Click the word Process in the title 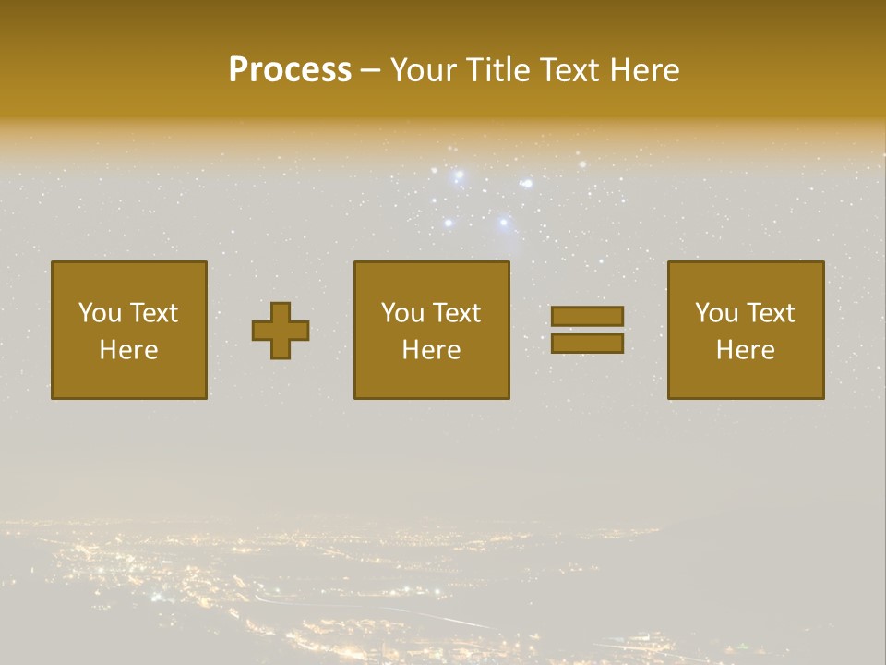coord(290,70)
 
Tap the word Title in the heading coord(497,70)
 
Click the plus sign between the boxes coord(281,331)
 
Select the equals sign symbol coord(587,330)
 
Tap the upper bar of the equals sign coord(587,317)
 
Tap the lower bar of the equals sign coord(587,344)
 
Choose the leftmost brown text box coord(129,330)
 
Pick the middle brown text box coord(431,330)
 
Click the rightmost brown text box coord(745,330)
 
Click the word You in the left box coord(99,313)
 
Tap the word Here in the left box coord(129,350)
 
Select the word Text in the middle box coord(457,313)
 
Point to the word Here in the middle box coord(431,350)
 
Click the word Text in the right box coord(771,313)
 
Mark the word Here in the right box coord(745,350)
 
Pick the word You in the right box coord(716,313)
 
